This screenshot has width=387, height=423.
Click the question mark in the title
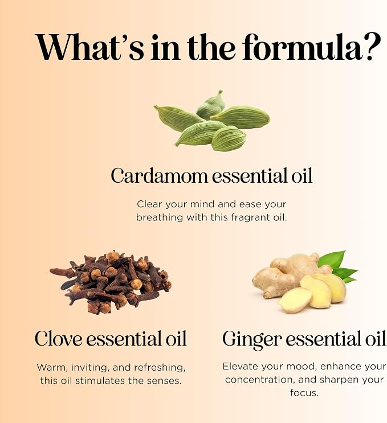click(372, 47)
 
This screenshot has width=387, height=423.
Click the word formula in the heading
click(302, 47)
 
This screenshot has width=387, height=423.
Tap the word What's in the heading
click(90, 47)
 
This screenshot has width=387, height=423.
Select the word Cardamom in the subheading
click(160, 175)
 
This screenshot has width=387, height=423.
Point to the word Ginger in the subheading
click(252, 340)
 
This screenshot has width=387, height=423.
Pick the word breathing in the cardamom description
click(160, 217)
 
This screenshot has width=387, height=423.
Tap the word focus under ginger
click(304, 393)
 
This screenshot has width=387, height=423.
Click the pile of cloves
click(111, 282)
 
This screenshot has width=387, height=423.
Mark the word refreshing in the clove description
click(160, 368)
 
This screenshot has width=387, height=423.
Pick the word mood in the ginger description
click(301, 366)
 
